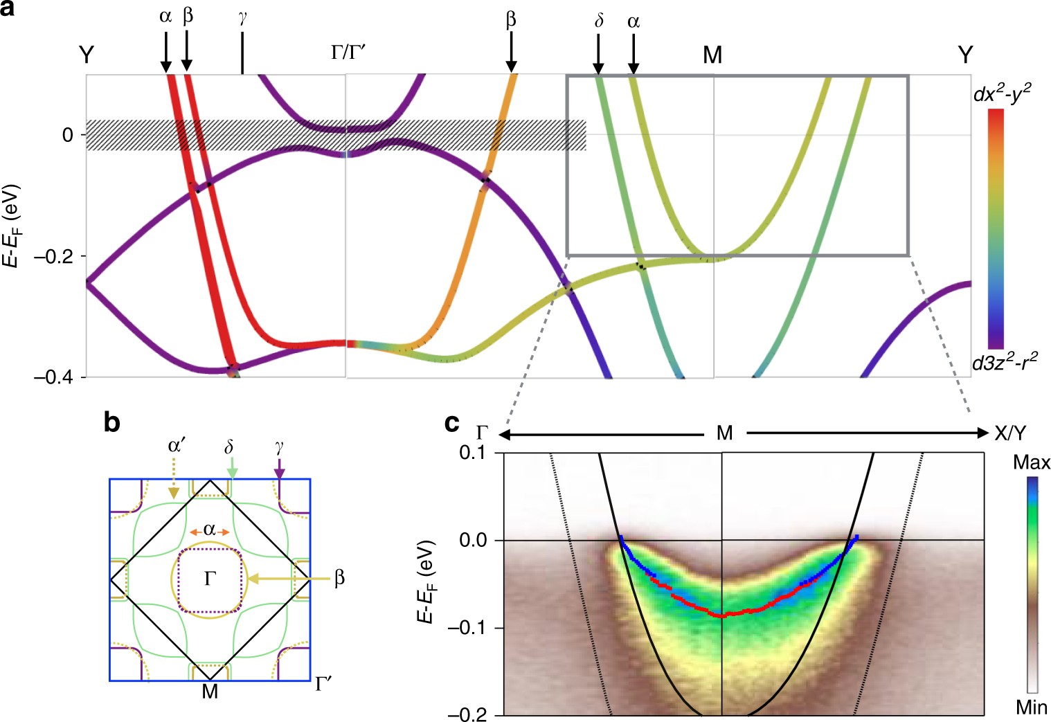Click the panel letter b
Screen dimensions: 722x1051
(x=112, y=422)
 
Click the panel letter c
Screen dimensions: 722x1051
(x=452, y=422)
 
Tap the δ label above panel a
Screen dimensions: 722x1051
(x=599, y=21)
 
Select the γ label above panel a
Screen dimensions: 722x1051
(x=242, y=19)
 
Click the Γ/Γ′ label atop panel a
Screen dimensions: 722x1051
(x=348, y=53)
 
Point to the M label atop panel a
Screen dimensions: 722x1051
(x=712, y=55)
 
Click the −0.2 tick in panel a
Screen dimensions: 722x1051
(x=53, y=256)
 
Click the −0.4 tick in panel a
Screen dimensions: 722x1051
(x=53, y=377)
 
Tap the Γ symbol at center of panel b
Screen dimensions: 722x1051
(x=210, y=579)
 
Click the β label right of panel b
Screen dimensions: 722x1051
(x=339, y=578)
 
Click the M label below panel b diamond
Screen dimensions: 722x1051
(x=210, y=691)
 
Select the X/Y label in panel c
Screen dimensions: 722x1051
(x=1010, y=433)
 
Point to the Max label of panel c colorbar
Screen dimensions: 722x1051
(x=1031, y=462)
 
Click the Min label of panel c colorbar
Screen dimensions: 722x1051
(x=1031, y=707)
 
